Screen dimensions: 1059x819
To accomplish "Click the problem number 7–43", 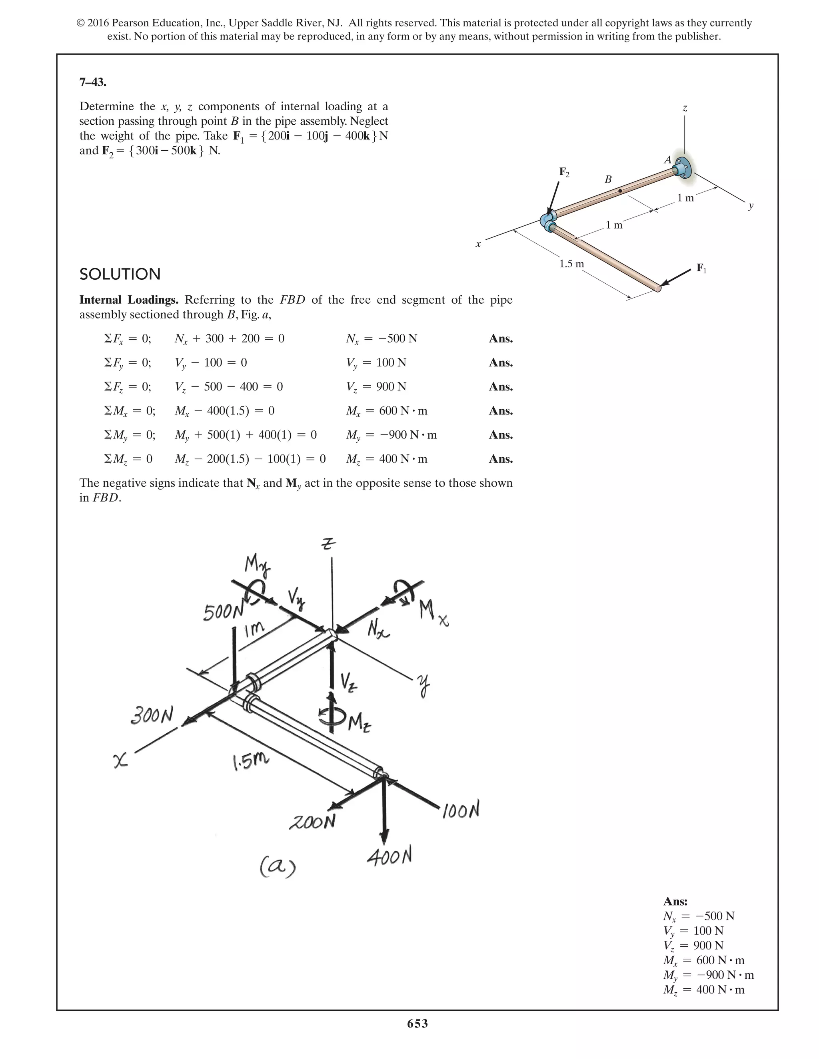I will (x=93, y=82).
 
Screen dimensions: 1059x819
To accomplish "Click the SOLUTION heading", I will (x=120, y=274).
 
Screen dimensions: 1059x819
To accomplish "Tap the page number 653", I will (x=417, y=1023).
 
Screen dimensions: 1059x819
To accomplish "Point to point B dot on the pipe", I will (x=619, y=191).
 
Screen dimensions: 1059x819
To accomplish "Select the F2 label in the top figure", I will (x=564, y=172).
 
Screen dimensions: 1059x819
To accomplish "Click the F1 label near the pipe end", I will (x=701, y=268).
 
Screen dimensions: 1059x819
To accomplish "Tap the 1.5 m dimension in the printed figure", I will (x=571, y=264).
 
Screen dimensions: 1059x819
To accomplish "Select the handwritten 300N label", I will (x=152, y=715).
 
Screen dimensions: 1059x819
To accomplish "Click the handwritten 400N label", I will (x=389, y=857).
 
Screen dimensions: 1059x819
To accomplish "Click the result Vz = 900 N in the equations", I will (x=376, y=386).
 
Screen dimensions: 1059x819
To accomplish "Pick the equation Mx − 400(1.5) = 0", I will (x=224, y=411).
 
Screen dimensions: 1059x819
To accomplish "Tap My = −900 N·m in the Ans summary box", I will (x=708, y=975).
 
